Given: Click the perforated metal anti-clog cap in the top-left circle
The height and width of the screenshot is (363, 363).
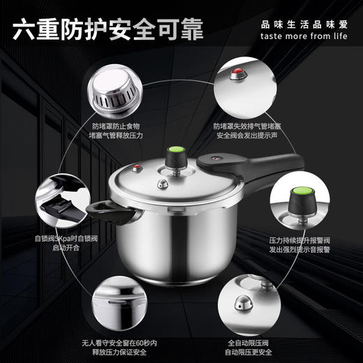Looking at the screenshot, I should click(117, 89).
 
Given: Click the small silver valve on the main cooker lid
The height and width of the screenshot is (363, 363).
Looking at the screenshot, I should click(162, 184).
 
